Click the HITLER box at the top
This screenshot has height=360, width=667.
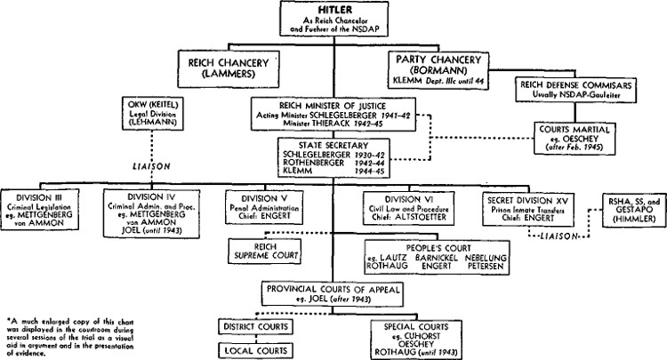(x=334, y=20)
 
